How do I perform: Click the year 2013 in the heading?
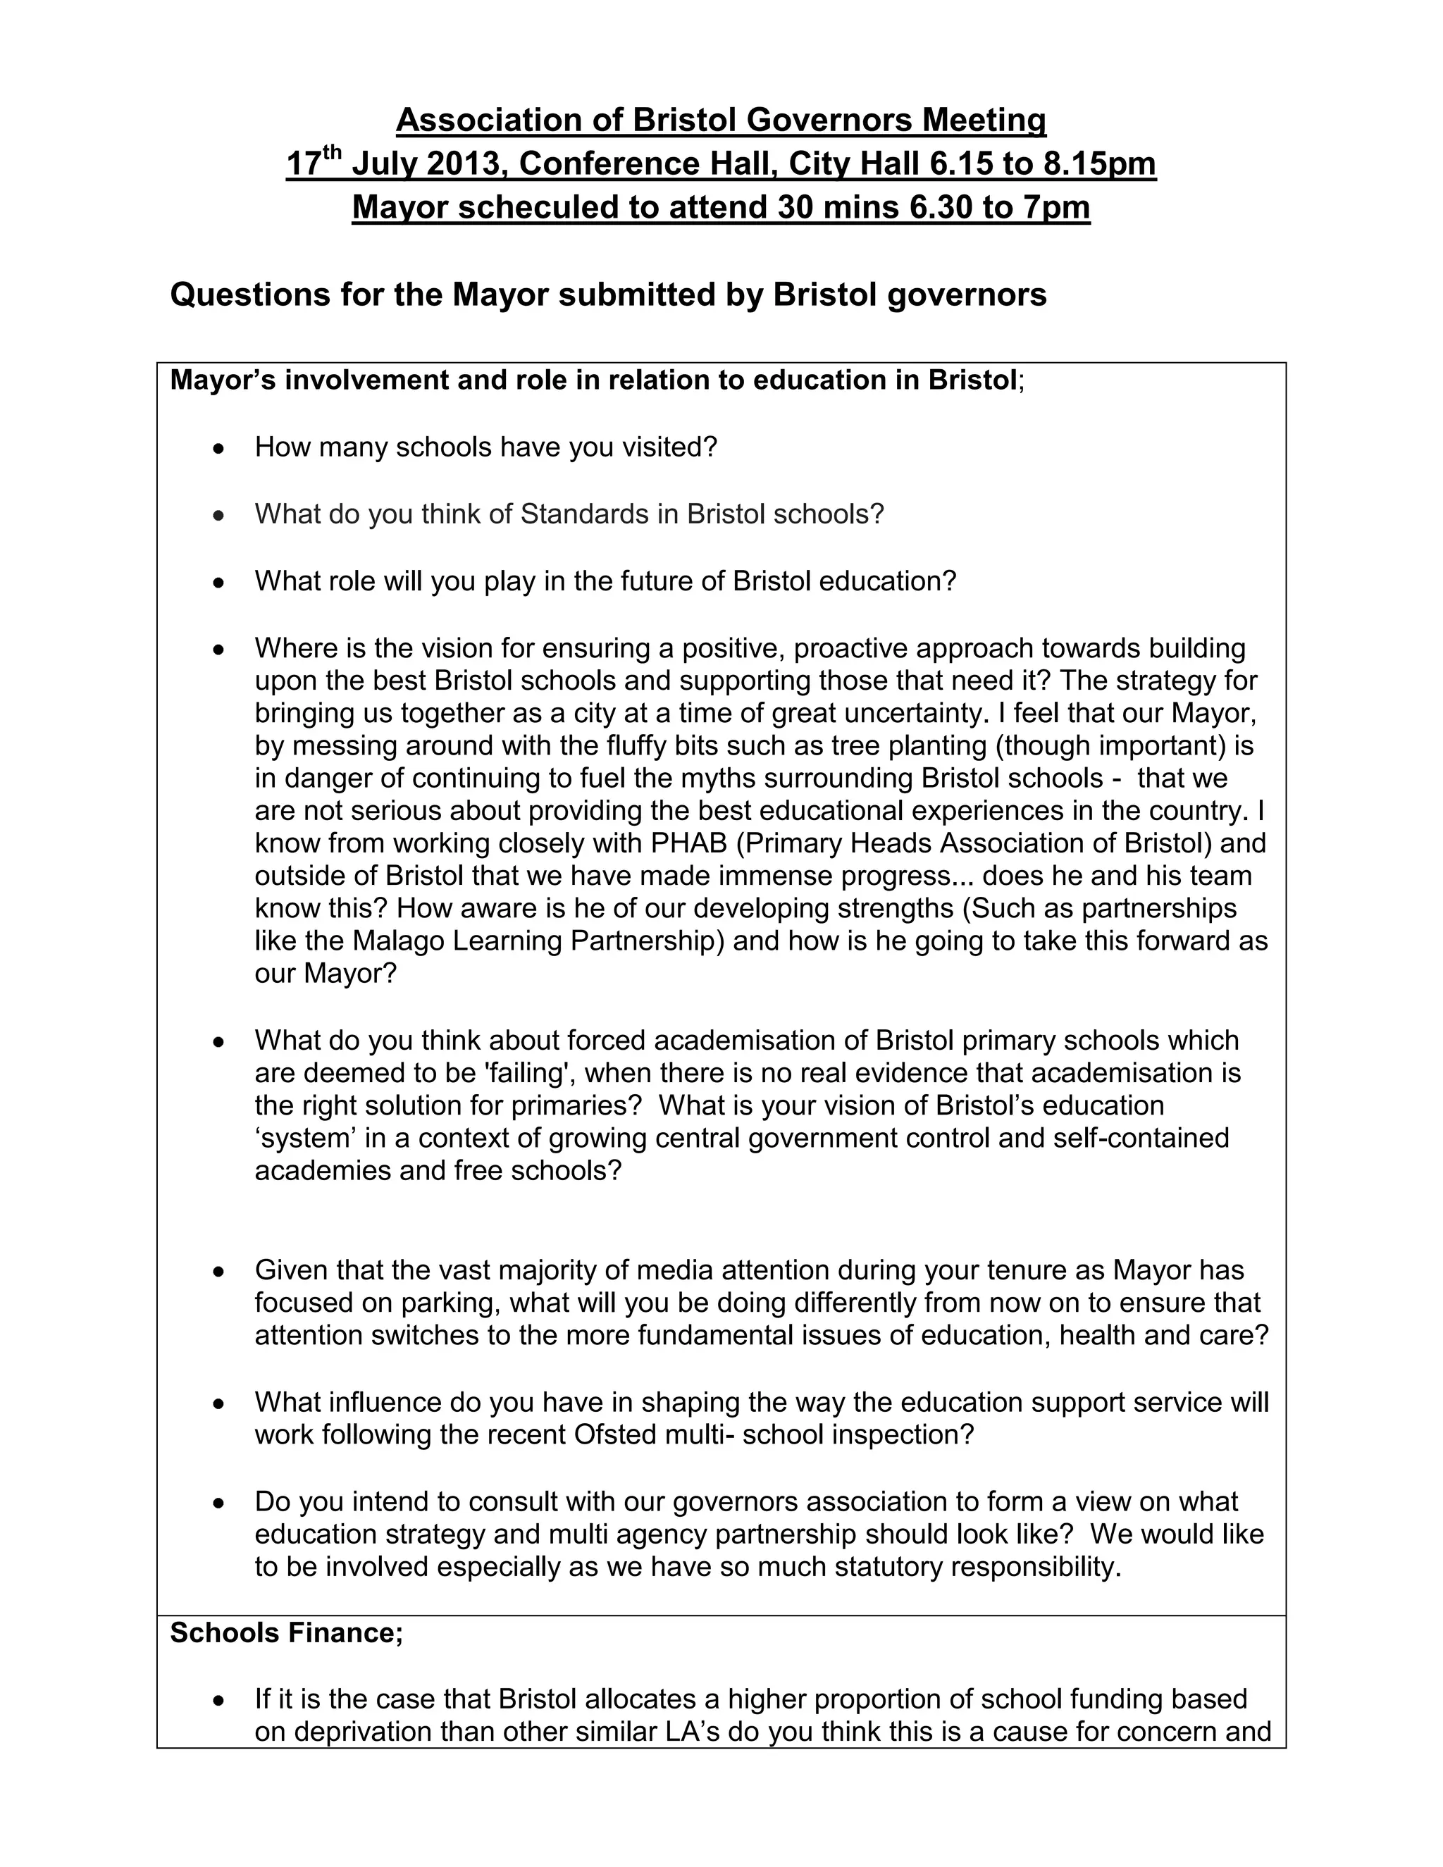(462, 163)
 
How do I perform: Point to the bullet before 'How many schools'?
(220, 448)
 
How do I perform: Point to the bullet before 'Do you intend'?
(220, 1502)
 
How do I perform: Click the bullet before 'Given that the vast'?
(220, 1271)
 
